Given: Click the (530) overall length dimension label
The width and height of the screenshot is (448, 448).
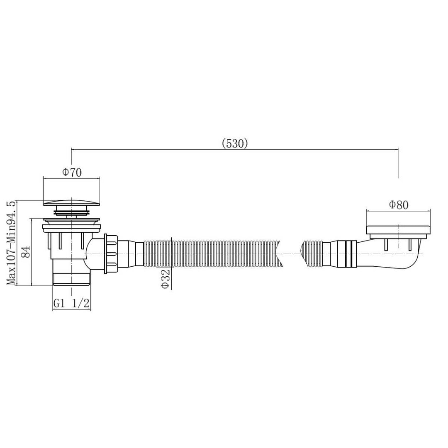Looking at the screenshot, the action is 234,144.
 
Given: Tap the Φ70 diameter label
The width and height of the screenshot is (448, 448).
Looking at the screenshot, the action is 72,172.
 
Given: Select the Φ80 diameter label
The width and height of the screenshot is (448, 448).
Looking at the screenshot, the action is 399,205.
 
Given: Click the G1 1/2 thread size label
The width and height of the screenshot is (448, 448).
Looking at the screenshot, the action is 71,303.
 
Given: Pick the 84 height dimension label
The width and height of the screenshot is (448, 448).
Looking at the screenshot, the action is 26,251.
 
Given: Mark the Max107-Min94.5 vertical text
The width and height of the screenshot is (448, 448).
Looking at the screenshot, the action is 12,243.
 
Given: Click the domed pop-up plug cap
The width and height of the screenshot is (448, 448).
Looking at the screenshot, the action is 71,202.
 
